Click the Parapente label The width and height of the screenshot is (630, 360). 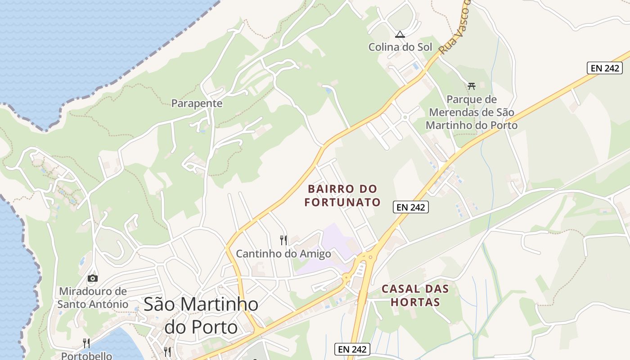(197, 103)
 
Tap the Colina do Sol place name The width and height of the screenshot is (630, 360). (400, 47)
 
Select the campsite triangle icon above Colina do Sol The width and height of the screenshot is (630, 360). (400, 34)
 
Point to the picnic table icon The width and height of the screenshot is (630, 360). (472, 86)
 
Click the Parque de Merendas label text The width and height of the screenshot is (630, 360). (472, 112)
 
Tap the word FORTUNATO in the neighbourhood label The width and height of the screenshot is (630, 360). (342, 202)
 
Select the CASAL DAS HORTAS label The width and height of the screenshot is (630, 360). (415, 295)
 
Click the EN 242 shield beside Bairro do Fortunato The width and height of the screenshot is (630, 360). (410, 207)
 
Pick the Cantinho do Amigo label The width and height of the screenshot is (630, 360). (283, 254)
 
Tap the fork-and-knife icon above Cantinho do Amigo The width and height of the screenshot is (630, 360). (283, 240)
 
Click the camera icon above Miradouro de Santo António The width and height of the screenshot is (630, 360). (93, 278)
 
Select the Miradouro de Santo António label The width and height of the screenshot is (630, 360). (93, 298)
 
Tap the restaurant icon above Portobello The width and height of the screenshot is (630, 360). (86, 343)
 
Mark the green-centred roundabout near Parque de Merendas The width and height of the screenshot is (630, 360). (405, 117)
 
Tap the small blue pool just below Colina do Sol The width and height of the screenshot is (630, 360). (415, 66)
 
